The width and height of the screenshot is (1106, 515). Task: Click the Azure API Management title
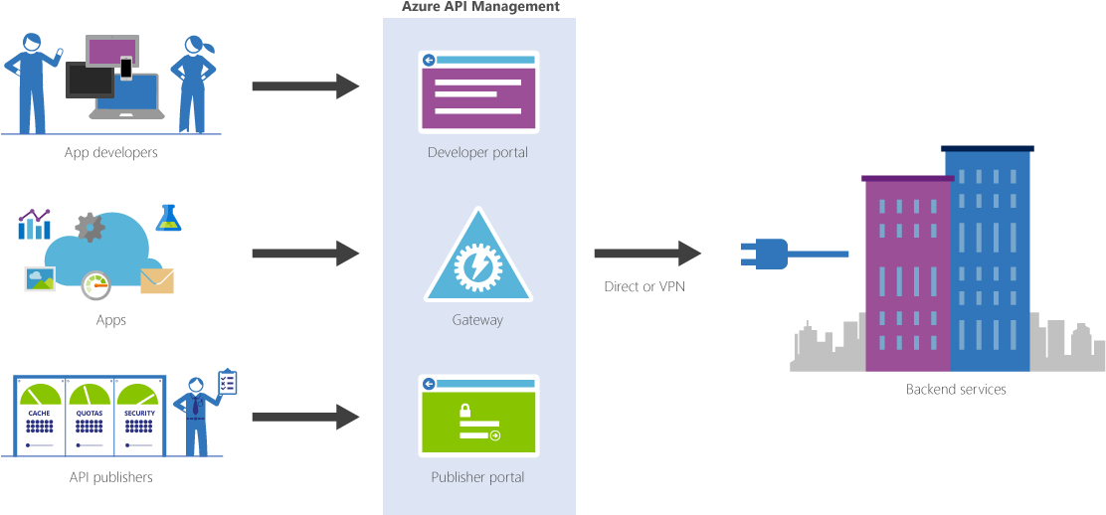pyautogui.click(x=479, y=7)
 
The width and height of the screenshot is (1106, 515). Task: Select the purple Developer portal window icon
pyautogui.click(x=478, y=91)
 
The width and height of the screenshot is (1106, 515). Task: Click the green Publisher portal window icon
pyautogui.click(x=478, y=416)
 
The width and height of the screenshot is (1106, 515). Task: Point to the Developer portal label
pyautogui.click(x=478, y=153)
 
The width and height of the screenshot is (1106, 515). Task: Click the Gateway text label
pyautogui.click(x=478, y=320)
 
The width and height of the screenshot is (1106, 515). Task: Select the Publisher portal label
pyautogui.click(x=478, y=477)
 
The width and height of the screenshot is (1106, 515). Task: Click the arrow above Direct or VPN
pyautogui.click(x=647, y=254)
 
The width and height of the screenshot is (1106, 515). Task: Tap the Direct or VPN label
pyautogui.click(x=645, y=287)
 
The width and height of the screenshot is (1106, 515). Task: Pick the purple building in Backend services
pyautogui.click(x=906, y=273)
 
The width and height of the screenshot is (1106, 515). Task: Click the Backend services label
pyautogui.click(x=956, y=390)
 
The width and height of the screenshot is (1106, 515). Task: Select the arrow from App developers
pyautogui.click(x=304, y=86)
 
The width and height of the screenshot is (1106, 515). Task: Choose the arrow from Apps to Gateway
pyautogui.click(x=304, y=254)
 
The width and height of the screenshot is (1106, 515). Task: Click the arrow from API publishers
pyautogui.click(x=304, y=417)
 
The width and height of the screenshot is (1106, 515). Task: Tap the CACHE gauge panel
pyautogui.click(x=40, y=416)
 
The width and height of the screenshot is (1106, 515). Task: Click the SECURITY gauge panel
pyautogui.click(x=139, y=416)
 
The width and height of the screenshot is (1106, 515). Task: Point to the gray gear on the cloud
pyautogui.click(x=91, y=227)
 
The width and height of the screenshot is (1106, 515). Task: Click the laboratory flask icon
pyautogui.click(x=168, y=218)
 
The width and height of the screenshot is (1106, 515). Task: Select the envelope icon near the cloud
pyautogui.click(x=157, y=281)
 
